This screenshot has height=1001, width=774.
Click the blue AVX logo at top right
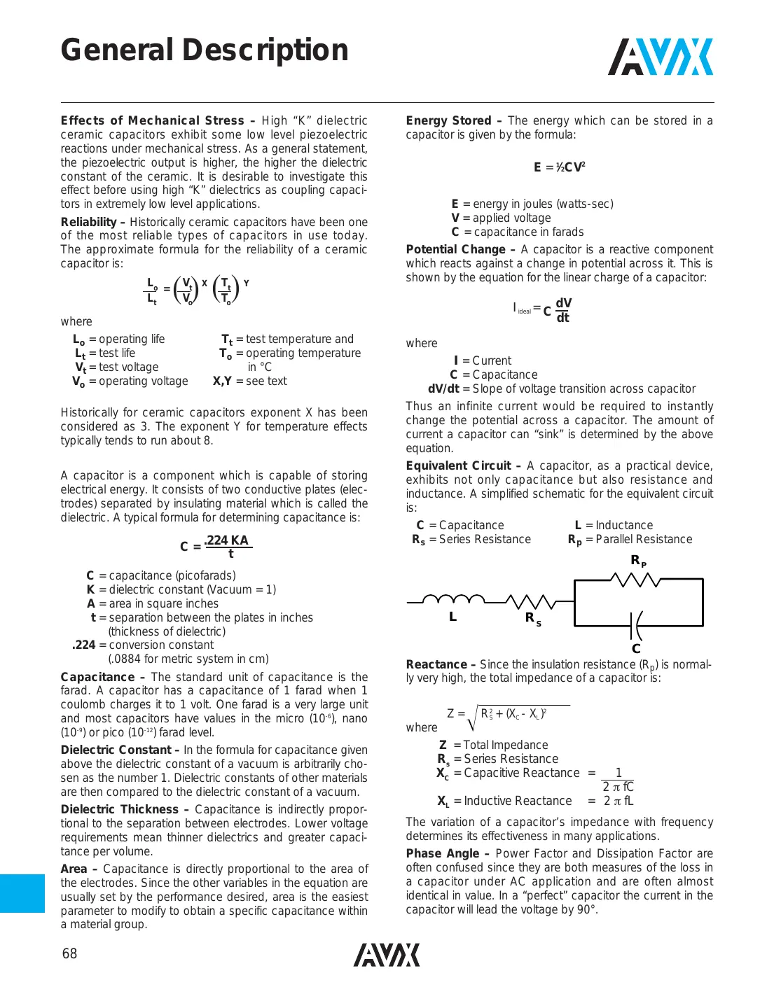pos(661,57)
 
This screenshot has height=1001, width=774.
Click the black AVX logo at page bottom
pos(387,955)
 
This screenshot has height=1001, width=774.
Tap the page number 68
pos(69,953)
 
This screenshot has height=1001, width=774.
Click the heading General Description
pos(205,50)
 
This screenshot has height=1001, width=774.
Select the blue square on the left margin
pos(22,893)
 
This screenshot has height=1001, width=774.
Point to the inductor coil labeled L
pos(454,599)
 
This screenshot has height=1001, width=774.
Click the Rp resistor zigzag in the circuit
pos(636,580)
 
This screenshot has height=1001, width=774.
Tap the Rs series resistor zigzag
pos(530,601)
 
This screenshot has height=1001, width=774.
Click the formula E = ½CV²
pos(560,167)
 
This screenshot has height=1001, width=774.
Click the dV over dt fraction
pos(563,310)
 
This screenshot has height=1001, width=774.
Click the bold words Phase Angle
pos(443,853)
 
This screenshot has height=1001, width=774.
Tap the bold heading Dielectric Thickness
pos(120,809)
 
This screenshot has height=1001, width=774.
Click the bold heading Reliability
pos(88,222)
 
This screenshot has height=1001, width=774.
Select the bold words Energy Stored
pos(448,120)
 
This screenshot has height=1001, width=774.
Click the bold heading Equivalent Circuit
pos(458,465)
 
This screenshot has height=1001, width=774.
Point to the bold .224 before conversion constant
pos(84,645)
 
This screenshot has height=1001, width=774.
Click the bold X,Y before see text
pos(222,381)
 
